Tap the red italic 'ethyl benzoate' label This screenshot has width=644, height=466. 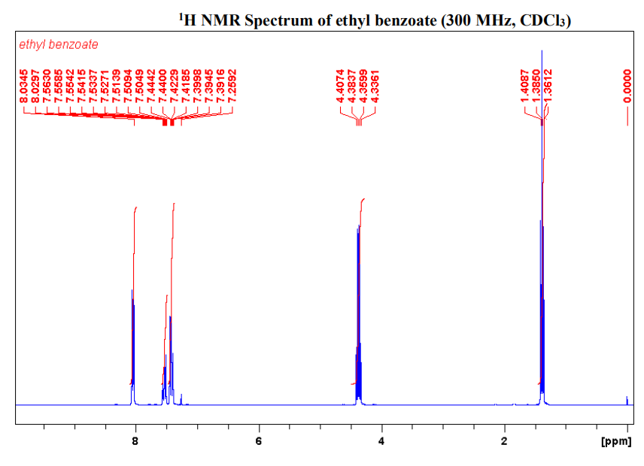(x=59, y=45)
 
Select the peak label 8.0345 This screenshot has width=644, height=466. (x=24, y=85)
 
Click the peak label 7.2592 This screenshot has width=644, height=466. (x=232, y=85)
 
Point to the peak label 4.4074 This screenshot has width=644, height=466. (x=341, y=85)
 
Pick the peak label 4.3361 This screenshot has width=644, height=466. (x=374, y=85)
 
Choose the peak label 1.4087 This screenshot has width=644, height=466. (x=525, y=85)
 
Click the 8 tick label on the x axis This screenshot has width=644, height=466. (x=135, y=441)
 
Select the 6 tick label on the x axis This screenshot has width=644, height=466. (x=259, y=441)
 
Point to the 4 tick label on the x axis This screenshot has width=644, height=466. (x=381, y=441)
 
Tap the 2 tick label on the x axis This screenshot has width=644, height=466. (x=504, y=441)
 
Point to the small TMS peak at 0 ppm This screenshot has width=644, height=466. (x=627, y=399)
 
